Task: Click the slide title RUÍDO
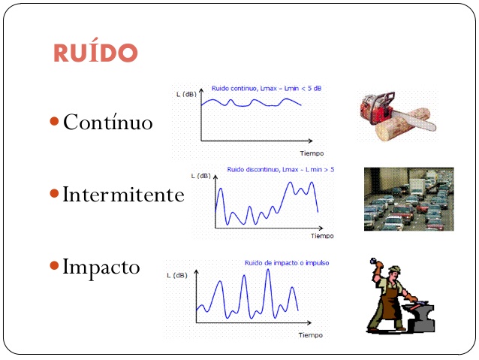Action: pyautogui.click(x=95, y=53)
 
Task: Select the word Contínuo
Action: pyautogui.click(x=107, y=122)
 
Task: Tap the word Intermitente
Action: pyautogui.click(x=123, y=195)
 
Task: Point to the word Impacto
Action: pyautogui.click(x=101, y=266)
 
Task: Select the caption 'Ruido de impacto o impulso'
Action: pyautogui.click(x=286, y=262)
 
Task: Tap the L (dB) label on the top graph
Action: pyautogui.click(x=188, y=94)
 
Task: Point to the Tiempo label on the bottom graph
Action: pyautogui.click(x=310, y=334)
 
